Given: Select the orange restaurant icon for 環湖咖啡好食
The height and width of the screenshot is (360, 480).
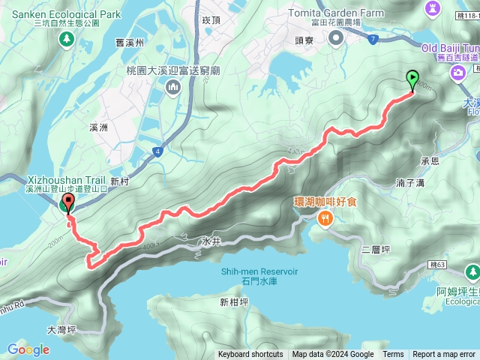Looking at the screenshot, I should click(x=325, y=219).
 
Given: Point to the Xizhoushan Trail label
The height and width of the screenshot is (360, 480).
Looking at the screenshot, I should click(x=65, y=180).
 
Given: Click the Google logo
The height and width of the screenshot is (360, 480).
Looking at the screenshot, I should click(x=28, y=349).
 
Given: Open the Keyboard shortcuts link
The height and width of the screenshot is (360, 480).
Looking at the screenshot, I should click(x=250, y=355).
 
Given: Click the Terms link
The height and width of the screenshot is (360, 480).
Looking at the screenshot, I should click(x=393, y=355).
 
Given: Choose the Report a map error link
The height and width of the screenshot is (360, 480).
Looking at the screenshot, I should click(x=445, y=355).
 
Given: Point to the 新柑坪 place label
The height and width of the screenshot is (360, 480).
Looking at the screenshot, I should click(x=235, y=302).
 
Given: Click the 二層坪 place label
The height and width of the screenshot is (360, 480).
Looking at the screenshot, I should click(x=375, y=250).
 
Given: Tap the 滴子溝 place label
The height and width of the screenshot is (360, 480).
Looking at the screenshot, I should click(x=410, y=182).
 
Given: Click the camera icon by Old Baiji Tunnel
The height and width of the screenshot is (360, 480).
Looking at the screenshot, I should click(x=457, y=72).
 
